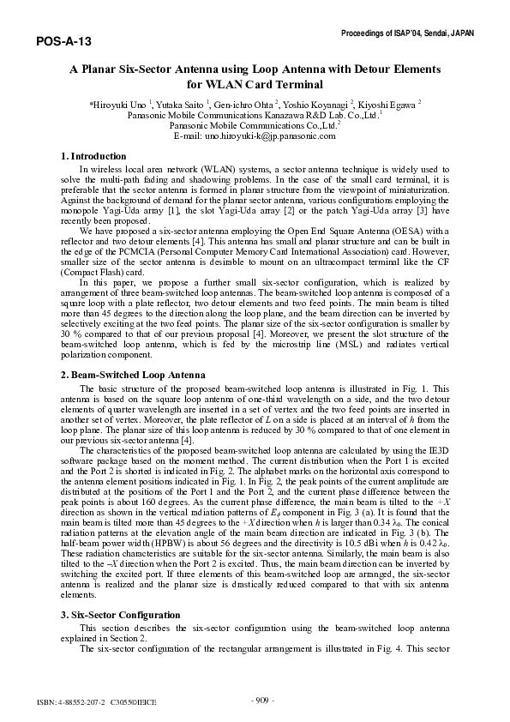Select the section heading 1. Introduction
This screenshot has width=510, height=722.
coord(94,156)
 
